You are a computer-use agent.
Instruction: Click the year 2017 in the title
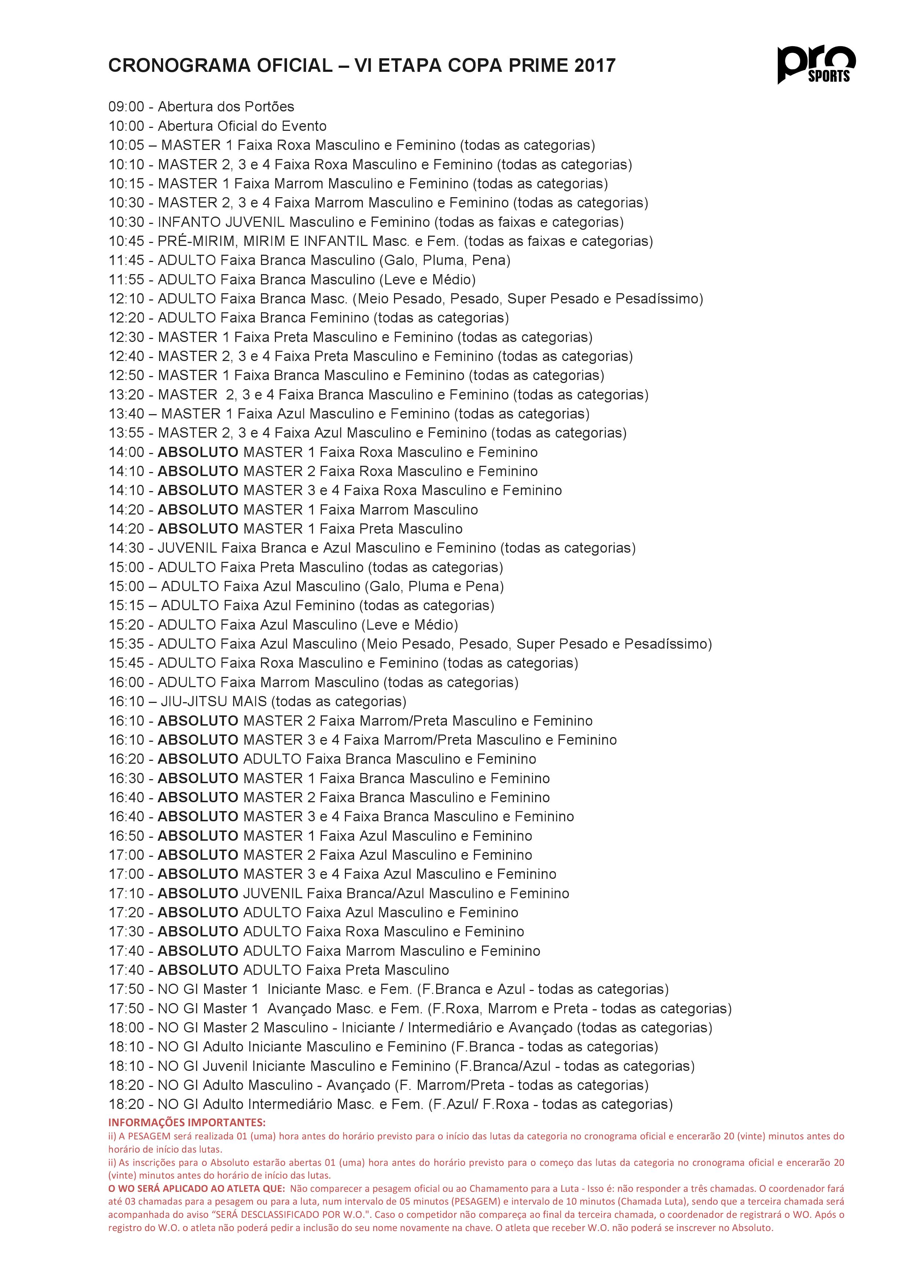595,66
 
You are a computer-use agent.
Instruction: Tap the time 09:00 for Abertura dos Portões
126,106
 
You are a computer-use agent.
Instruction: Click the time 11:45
126,261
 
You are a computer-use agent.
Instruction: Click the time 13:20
126,395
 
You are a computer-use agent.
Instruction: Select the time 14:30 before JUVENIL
126,548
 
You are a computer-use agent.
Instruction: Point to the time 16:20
126,759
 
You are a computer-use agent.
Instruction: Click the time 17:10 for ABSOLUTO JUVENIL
126,893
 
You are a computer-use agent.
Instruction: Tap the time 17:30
126,932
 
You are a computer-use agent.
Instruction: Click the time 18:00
126,1028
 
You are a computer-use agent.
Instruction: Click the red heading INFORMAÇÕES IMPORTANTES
187,1123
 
